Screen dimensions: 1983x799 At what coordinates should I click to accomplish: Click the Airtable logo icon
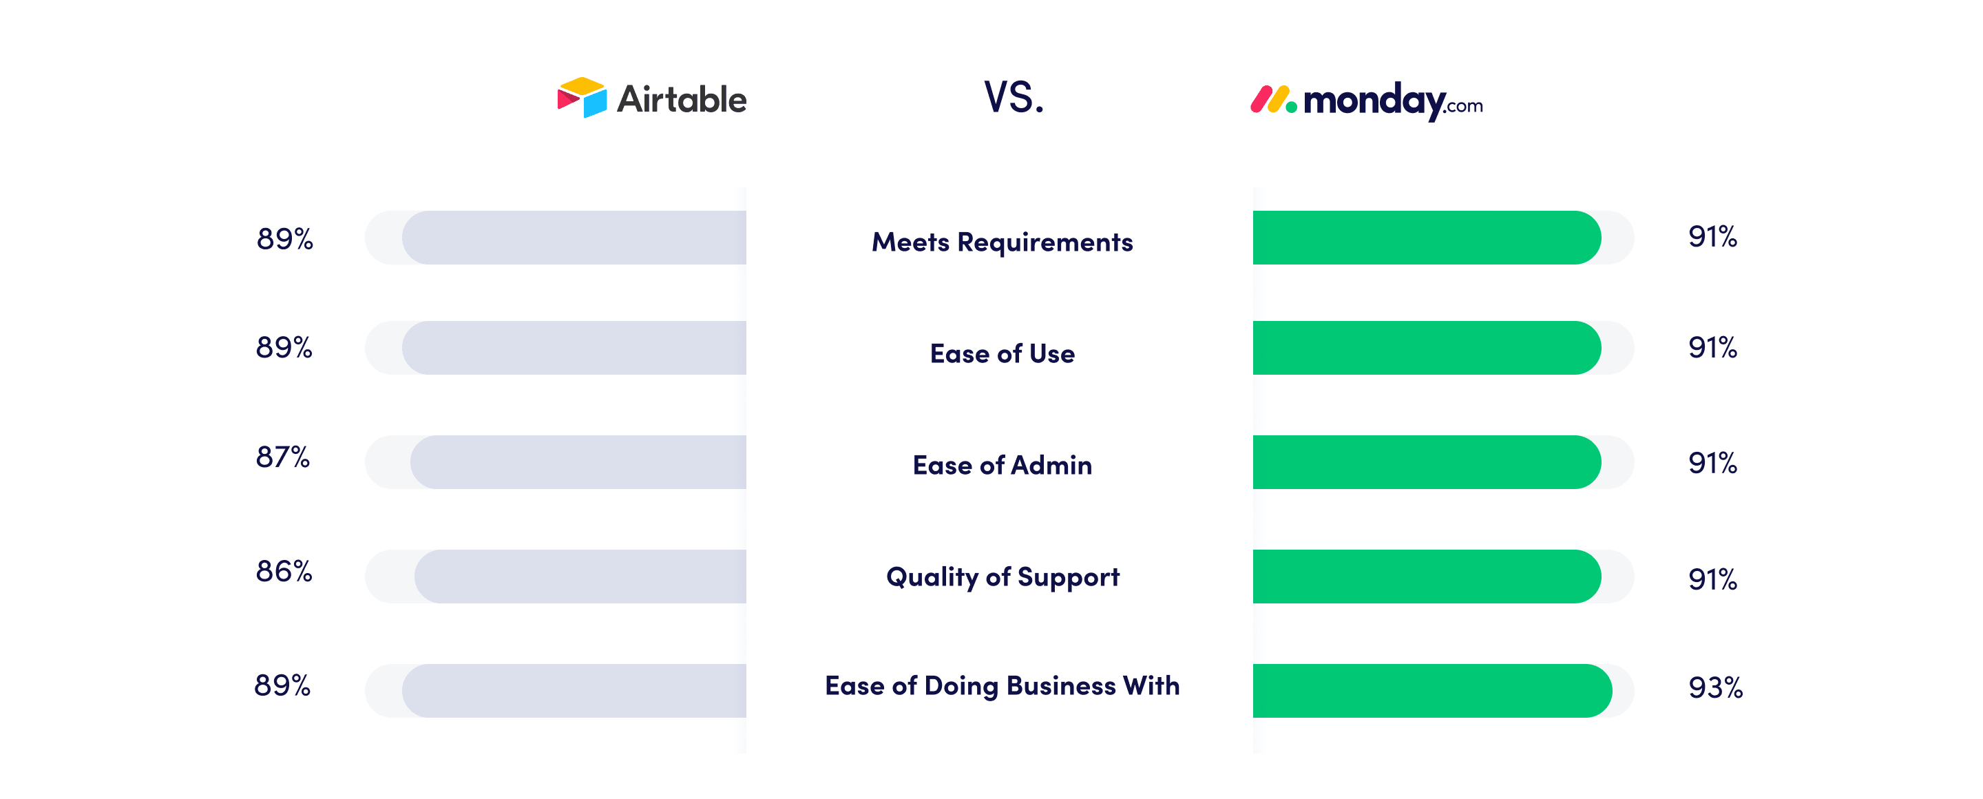[x=582, y=97]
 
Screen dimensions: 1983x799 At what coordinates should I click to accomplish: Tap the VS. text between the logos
[x=1014, y=98]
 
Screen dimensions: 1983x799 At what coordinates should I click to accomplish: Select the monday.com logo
[x=1366, y=101]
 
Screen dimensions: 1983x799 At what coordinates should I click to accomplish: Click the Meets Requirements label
[x=1003, y=242]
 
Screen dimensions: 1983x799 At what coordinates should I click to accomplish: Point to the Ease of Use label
[x=1003, y=353]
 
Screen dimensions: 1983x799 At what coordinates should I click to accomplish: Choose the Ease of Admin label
[x=1003, y=465]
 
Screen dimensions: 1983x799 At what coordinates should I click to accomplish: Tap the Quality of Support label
[x=1003, y=577]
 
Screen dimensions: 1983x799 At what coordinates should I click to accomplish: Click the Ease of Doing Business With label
[x=1003, y=685]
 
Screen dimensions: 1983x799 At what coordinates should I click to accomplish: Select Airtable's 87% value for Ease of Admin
[x=282, y=457]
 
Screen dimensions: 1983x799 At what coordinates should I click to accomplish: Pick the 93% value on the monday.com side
[x=1715, y=687]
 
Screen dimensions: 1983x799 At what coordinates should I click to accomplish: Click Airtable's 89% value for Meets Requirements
[x=285, y=238]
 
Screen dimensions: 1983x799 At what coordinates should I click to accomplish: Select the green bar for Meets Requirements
[x=1427, y=238]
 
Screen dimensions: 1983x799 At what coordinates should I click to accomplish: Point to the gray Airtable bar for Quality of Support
[x=580, y=577]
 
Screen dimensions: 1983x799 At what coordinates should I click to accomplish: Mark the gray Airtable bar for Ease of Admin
[x=578, y=462]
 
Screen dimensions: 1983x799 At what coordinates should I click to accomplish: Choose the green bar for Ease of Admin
[x=1427, y=462]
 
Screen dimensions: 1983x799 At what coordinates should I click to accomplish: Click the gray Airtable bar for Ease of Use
[x=574, y=348]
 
